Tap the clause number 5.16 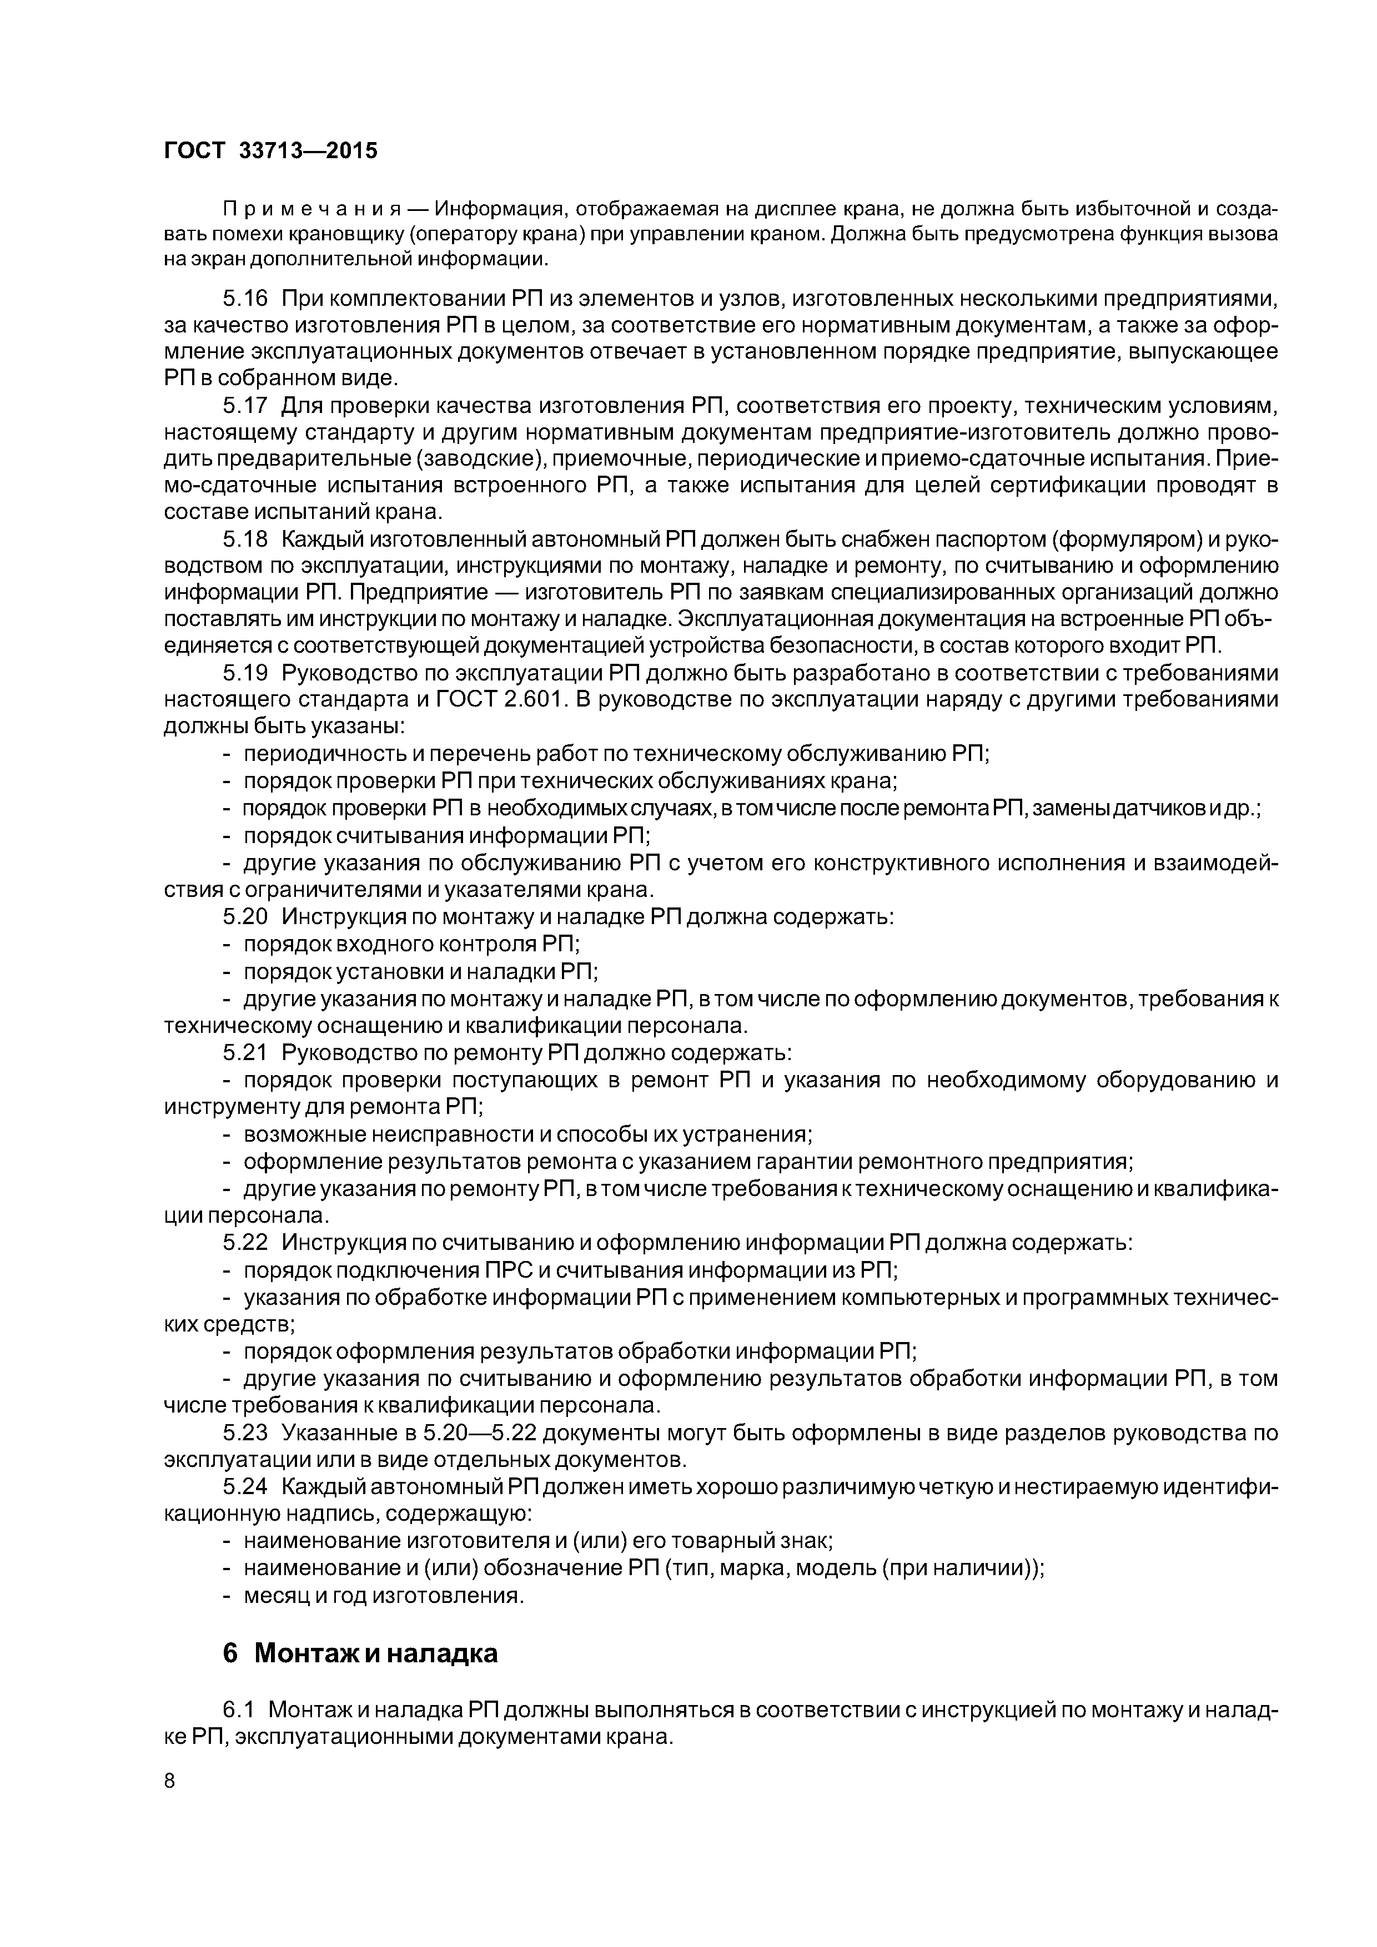[245, 299]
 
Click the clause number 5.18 [245, 539]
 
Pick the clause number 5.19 [245, 673]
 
